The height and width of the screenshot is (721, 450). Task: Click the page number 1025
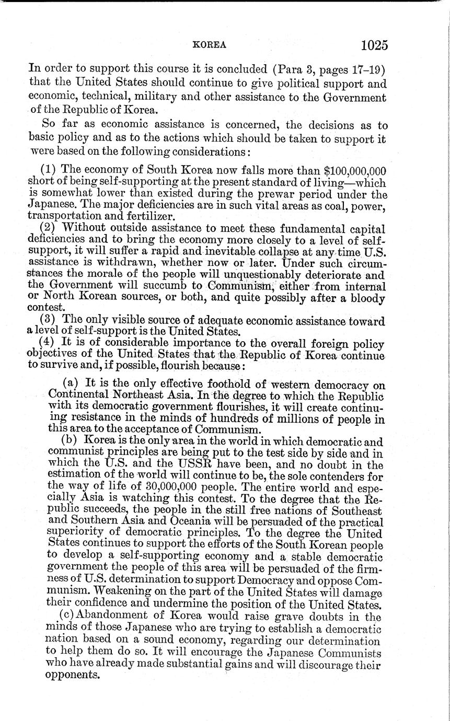coord(374,45)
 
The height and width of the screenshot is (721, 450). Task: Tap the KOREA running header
coord(210,45)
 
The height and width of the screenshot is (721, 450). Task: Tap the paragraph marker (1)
coord(48,170)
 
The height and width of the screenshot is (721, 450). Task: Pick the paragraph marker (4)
coord(48,343)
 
